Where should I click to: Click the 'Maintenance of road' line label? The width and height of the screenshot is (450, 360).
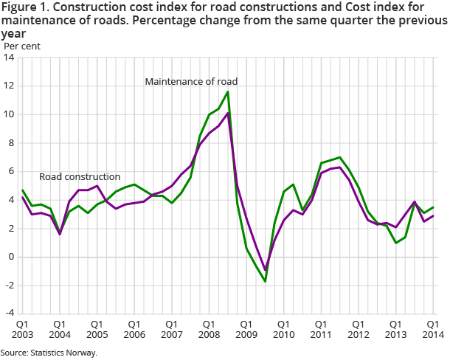tap(191, 80)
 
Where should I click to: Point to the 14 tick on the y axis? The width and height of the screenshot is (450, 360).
tap(10, 58)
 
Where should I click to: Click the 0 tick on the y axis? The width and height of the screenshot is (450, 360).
tap(13, 257)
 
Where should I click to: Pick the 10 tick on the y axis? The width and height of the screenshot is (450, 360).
tap(10, 114)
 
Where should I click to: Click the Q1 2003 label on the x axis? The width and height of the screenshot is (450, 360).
tap(22, 329)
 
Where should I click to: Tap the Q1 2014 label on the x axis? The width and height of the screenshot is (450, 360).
tap(434, 329)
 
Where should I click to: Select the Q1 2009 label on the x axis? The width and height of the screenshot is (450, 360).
tap(246, 329)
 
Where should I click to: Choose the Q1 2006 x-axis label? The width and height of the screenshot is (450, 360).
tap(134, 329)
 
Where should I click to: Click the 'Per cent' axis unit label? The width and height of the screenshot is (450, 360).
tap(22, 46)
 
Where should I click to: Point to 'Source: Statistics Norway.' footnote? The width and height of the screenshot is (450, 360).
tap(49, 353)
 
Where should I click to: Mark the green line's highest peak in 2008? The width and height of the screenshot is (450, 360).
tap(228, 91)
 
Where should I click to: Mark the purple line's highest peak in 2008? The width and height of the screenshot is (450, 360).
tap(228, 113)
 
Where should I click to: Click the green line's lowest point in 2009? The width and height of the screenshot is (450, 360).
tap(265, 282)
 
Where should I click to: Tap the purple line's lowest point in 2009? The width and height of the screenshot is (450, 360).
tap(265, 271)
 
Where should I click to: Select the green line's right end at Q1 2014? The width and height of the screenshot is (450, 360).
tap(434, 207)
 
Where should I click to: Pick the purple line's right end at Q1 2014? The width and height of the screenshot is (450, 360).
tap(434, 215)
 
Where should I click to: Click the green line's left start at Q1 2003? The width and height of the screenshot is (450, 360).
tap(22, 190)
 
